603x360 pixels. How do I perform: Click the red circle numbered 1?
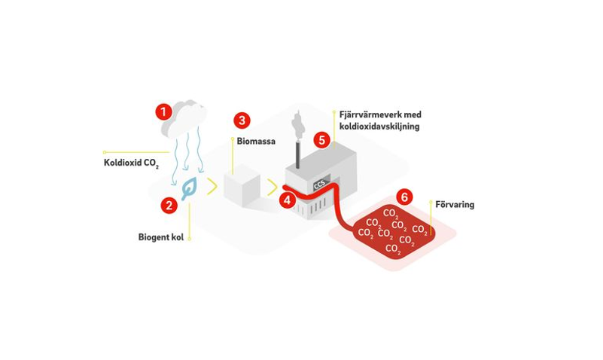click(164, 112)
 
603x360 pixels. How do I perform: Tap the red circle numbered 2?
click(169, 206)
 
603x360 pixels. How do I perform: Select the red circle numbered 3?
click(242, 121)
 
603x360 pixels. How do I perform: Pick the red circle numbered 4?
click(288, 200)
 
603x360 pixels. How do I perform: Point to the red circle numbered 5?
click(322, 139)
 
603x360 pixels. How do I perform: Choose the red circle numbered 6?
click(404, 197)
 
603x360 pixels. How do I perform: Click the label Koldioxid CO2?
click(131, 163)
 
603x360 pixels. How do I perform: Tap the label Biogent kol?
click(161, 237)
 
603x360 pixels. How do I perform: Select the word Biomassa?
click(256, 141)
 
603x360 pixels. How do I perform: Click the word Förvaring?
click(455, 205)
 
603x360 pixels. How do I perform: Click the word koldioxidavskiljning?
click(379, 127)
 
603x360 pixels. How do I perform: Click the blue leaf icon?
click(189, 188)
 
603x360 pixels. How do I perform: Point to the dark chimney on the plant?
click(297, 154)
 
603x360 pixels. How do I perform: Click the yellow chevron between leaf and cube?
click(212, 186)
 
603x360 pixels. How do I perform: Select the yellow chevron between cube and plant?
click(273, 188)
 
